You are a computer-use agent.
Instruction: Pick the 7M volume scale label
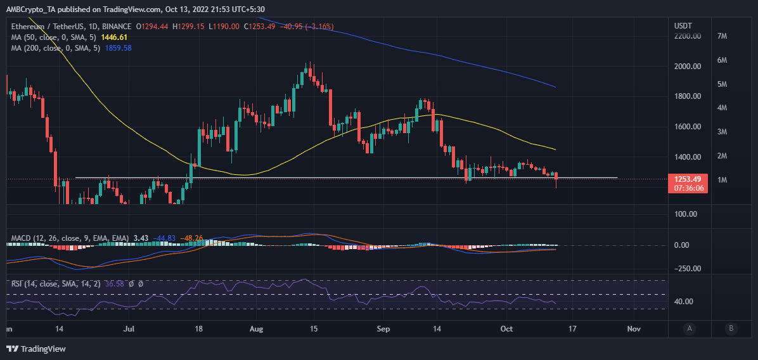721,36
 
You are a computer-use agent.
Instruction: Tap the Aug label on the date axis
256,330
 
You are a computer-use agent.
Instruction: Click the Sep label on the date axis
383,330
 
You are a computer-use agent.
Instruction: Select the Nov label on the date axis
633,330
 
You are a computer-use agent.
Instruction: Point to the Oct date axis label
506,330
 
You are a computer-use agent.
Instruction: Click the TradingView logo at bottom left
36,349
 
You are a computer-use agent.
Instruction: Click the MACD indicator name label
22,238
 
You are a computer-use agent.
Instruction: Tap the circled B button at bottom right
731,328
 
